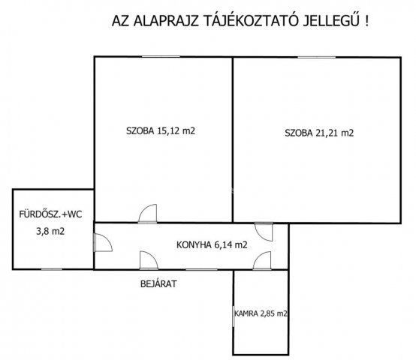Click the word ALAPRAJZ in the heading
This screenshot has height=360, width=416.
166,21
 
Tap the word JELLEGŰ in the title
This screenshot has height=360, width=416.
331,20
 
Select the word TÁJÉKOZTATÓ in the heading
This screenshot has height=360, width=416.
251,20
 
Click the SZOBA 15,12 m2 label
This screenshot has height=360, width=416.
161,130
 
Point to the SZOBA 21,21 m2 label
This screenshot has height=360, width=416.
319,133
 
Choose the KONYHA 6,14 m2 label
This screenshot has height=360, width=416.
212,244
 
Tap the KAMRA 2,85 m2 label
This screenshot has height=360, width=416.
261,313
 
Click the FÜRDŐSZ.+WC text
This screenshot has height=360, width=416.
50,214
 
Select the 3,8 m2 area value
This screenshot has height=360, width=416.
50,231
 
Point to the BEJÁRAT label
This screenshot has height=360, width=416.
158,284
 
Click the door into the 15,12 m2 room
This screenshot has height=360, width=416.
147,214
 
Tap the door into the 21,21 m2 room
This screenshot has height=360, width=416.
264,232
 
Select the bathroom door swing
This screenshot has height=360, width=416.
103,242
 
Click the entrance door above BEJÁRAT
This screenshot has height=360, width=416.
149,260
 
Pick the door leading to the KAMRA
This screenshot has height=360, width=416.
262,261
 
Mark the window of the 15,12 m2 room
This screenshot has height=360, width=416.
161,57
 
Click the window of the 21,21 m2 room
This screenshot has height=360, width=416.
316,57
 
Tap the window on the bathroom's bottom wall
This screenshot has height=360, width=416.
52,269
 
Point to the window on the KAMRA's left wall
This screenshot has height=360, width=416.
234,316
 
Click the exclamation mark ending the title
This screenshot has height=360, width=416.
366,21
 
